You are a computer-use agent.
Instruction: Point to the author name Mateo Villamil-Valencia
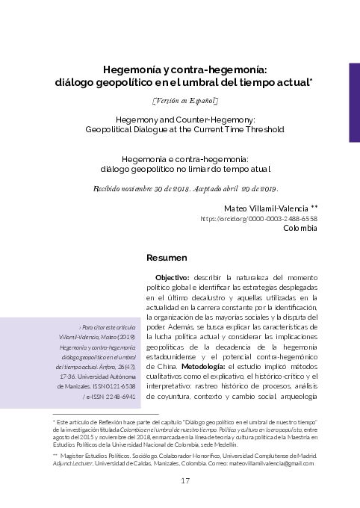tap(267, 207)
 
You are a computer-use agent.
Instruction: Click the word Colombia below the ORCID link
tap(300, 229)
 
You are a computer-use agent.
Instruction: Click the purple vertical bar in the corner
tap(354, 101)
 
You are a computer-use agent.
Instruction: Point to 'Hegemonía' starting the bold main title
tap(134, 69)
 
